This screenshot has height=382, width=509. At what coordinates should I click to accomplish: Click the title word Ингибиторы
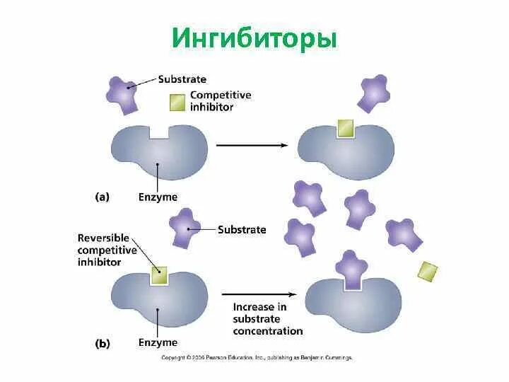click(x=255, y=38)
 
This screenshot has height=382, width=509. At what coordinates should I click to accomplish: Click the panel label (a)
click(x=102, y=197)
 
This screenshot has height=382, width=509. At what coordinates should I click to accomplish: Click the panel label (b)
click(x=102, y=344)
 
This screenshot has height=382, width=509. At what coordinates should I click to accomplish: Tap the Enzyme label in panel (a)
click(x=158, y=197)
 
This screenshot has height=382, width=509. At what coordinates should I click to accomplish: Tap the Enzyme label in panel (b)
click(x=158, y=342)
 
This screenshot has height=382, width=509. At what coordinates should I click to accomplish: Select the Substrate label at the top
click(x=182, y=79)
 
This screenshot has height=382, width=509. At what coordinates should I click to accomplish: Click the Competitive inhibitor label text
click(x=220, y=101)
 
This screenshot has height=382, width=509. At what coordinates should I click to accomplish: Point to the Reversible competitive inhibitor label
click(x=109, y=250)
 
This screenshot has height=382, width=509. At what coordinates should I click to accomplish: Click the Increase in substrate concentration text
click(x=267, y=318)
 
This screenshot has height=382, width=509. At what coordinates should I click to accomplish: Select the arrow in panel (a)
click(x=251, y=145)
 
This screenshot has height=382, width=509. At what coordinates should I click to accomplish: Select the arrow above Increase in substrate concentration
click(x=258, y=293)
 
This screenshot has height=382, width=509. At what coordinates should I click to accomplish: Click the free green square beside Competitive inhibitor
click(x=177, y=103)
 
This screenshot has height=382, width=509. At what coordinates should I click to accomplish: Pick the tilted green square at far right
click(x=428, y=271)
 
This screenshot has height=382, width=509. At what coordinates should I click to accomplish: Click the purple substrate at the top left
click(x=124, y=93)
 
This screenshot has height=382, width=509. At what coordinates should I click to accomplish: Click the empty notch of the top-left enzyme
click(x=160, y=132)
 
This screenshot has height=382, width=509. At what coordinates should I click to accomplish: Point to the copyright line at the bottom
click(x=256, y=358)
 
